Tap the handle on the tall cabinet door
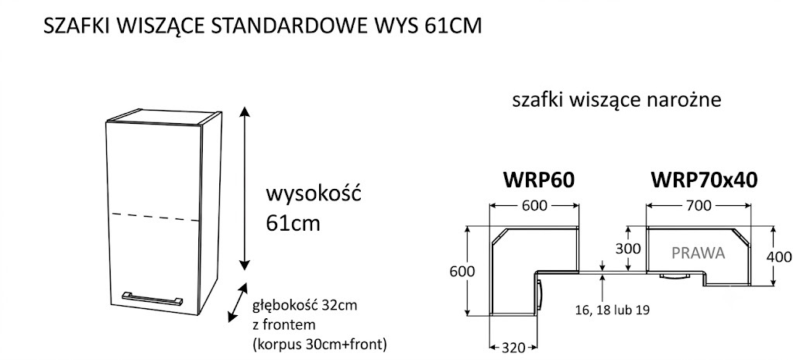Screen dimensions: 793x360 click(x=151, y=298)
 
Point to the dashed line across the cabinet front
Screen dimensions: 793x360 click(x=154, y=218)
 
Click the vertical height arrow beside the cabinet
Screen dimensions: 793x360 click(x=245, y=189)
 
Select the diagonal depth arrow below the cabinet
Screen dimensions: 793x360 click(x=238, y=303)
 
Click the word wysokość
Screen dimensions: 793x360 click(x=314, y=194)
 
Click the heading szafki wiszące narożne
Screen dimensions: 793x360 click(x=616, y=101)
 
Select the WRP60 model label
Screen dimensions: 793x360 click(x=539, y=180)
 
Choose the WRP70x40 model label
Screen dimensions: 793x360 click(x=704, y=180)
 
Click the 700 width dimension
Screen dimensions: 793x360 click(x=699, y=205)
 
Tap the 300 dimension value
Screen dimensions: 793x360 click(x=628, y=249)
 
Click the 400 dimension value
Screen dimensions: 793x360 click(x=779, y=257)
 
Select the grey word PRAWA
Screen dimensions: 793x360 click(x=699, y=253)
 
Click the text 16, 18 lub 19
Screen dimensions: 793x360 click(x=612, y=310)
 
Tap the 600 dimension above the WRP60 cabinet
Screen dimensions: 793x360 click(x=534, y=205)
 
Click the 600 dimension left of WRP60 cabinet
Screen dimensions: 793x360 click(x=462, y=272)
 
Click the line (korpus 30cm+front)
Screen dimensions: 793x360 click(x=320, y=345)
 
